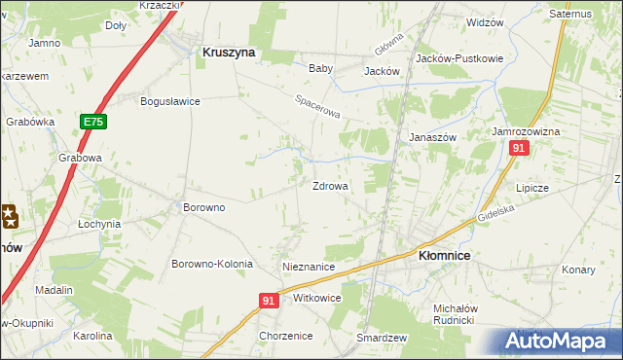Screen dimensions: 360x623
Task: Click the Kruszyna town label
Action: point(229,54)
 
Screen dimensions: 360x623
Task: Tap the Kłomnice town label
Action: point(444,255)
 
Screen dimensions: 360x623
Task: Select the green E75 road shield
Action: point(93,122)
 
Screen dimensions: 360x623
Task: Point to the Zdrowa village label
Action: point(330,186)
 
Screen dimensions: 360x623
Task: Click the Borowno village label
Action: point(204,207)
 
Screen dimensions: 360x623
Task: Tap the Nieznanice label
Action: point(309,267)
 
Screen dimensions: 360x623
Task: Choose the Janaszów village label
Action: point(433,138)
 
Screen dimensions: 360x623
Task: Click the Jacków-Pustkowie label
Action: point(459,58)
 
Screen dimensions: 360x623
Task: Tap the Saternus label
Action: point(570,15)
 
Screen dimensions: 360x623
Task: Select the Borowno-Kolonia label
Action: point(212,264)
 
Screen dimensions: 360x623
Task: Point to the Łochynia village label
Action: point(99,224)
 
